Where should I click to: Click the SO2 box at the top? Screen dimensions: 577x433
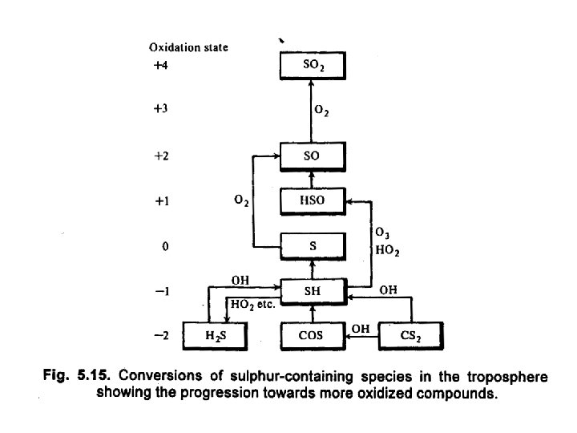tap(312, 66)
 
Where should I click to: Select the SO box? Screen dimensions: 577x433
tap(312, 156)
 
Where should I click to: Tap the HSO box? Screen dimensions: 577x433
tap(312, 201)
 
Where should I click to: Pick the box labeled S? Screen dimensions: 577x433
tap(312, 246)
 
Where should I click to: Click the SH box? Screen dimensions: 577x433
tap(312, 291)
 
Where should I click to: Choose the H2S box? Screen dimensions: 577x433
tap(212, 336)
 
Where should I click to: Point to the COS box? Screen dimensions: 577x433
tap(312, 336)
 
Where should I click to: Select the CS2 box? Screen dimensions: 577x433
tap(411, 336)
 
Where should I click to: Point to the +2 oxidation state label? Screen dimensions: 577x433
tap(164, 156)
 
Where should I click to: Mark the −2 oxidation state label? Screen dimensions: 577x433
tap(164, 336)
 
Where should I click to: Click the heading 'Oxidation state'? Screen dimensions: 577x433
tap(188, 47)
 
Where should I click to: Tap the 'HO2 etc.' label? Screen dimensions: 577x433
tap(252, 305)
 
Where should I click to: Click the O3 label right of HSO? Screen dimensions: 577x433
tap(381, 233)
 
